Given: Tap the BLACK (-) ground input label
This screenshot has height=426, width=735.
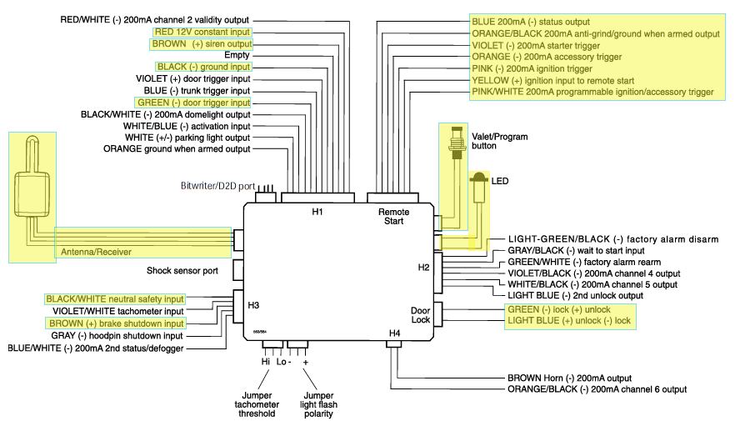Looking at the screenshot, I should pyautogui.click(x=202, y=66).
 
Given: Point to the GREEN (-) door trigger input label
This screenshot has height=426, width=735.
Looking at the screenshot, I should pyautogui.click(x=194, y=102).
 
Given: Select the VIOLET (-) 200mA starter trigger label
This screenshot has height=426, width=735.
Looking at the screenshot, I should pyautogui.click(x=546, y=45).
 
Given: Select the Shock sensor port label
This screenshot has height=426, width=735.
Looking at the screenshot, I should pyautogui.click(x=182, y=271).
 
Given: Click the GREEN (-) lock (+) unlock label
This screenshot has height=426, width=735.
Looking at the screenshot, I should pyautogui.click(x=557, y=308).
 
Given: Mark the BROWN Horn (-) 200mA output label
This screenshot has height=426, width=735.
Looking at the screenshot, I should pyautogui.click(x=569, y=378).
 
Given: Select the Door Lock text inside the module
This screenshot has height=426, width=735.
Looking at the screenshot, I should pyautogui.click(x=420, y=315).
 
